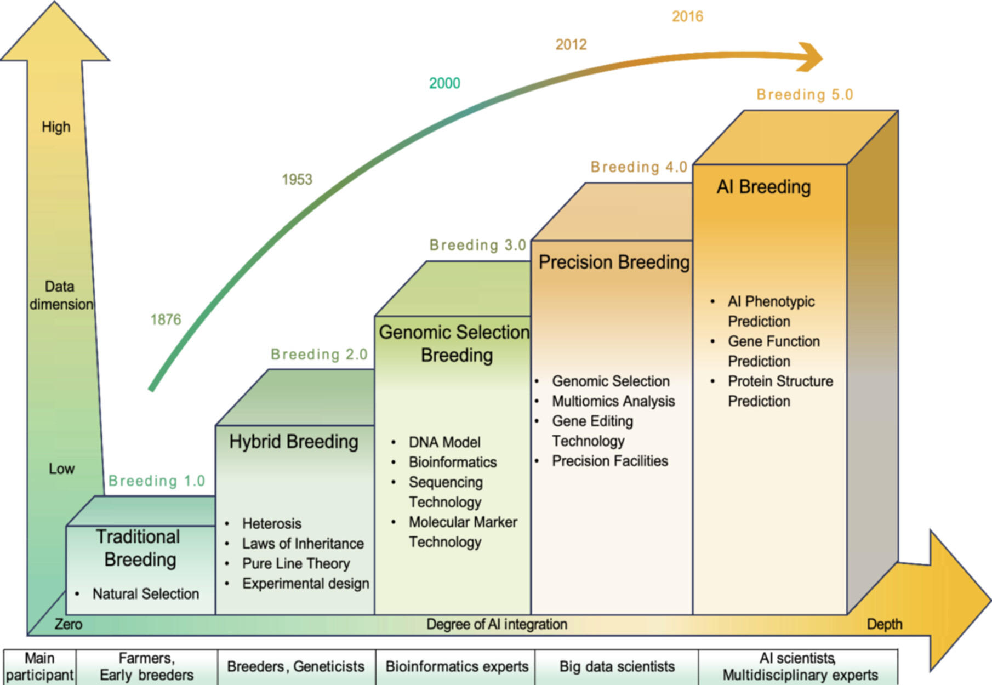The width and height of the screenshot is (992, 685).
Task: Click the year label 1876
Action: pos(166,319)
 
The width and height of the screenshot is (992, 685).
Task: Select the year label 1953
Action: pos(297,180)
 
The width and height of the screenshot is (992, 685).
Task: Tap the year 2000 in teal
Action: pos(444,83)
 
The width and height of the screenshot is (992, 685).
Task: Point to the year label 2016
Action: pos(687,17)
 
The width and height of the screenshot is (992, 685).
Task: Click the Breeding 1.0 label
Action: pos(157,481)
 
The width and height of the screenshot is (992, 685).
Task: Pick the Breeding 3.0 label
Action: pos(477,245)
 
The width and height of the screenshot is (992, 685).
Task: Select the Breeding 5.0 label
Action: pos(805,95)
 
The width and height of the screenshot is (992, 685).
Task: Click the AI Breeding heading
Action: pos(763,187)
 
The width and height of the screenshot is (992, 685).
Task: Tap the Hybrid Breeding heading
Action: pos(294,442)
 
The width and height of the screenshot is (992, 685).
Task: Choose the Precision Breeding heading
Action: pos(614,262)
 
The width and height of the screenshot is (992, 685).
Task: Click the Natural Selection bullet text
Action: pos(145,594)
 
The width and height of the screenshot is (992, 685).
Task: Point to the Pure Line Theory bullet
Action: pos(296,564)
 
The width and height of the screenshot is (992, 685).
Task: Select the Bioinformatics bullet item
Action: pos(453,463)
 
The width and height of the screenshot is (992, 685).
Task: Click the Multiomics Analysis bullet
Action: pos(613,401)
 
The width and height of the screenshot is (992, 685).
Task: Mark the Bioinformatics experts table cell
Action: pos(457,667)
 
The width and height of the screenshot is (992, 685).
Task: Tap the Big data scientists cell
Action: pos(617,667)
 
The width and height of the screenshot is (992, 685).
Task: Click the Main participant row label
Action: pos(39,666)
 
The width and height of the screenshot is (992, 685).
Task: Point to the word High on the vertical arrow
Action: pos(56,127)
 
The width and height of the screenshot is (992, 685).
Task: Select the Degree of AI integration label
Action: pos(497,625)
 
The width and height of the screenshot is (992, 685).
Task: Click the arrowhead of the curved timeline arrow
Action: pos(811,57)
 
